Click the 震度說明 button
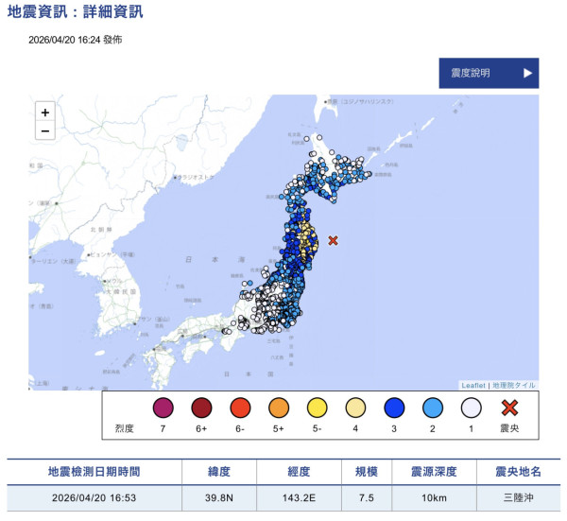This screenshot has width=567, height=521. click(x=488, y=73)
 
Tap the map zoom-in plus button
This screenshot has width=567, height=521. click(x=44, y=112)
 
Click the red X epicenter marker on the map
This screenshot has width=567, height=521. click(x=332, y=241)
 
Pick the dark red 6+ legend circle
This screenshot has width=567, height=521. click(x=201, y=408)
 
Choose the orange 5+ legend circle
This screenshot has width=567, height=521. click(x=279, y=408)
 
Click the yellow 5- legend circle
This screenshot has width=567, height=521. click(x=318, y=408)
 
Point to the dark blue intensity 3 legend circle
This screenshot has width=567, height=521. click(x=395, y=408)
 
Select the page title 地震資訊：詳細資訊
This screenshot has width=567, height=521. click(x=76, y=12)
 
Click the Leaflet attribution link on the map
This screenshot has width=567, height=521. click(x=472, y=386)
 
